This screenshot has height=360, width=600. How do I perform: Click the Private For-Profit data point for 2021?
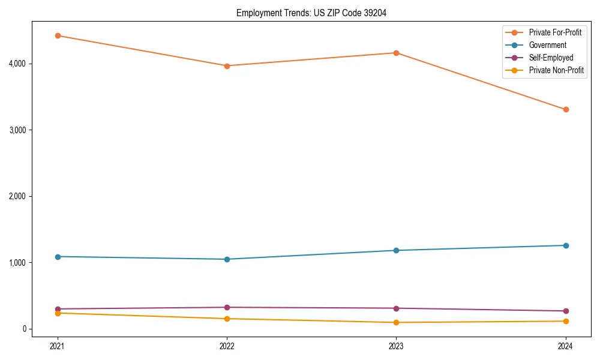coord(58,35)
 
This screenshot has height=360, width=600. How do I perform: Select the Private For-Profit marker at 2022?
coord(227,66)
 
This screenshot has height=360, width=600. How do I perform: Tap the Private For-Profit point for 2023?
coord(396,53)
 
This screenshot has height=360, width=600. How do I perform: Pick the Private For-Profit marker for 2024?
coord(566,109)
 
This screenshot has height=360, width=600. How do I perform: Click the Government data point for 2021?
coord(58,257)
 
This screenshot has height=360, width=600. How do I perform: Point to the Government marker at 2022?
coord(227,259)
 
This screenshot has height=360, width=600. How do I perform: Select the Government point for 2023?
coord(396,250)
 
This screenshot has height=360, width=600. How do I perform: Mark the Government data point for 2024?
coord(566,245)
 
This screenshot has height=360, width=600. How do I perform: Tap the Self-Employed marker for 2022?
coord(227,307)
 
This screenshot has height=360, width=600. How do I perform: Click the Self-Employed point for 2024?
coord(566,311)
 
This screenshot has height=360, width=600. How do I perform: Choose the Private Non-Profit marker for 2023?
coord(396,322)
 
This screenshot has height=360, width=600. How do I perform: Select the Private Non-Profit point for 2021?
coord(58,313)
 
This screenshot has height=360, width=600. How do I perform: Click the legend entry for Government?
coord(547,45)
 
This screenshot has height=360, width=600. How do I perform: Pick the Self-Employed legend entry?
coord(551,58)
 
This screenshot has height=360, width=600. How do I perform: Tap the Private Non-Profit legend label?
coord(556,70)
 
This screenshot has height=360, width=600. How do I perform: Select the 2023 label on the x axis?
coord(396,346)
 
